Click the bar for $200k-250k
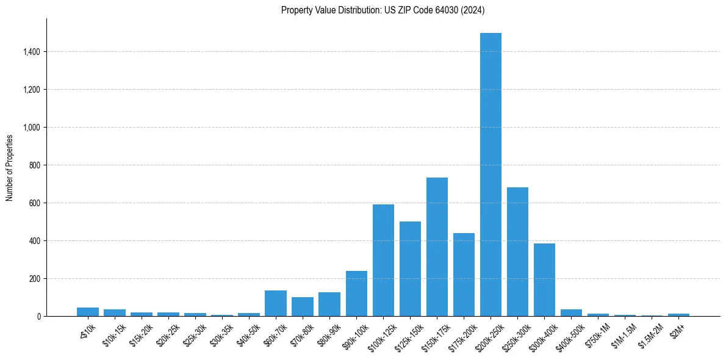point(491,175)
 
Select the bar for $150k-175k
point(437,247)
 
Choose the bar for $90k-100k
point(356,293)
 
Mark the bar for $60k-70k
point(276,303)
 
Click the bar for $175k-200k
point(464,275)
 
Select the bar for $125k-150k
point(410,269)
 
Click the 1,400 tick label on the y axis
point(32,52)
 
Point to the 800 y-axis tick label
point(35,165)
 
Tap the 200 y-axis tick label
point(35,279)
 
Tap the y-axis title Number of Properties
point(10,167)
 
